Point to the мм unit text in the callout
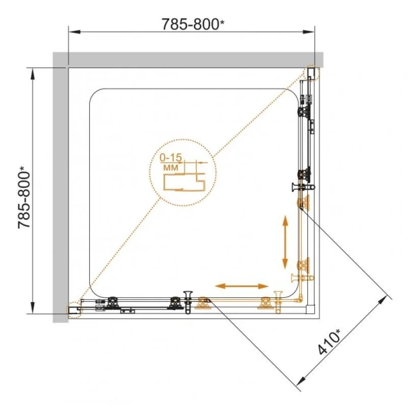(x=171, y=167)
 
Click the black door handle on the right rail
(x=300, y=186)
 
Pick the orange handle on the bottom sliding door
(x=278, y=299)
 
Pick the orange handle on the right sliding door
(x=298, y=277)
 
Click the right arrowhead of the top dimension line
(x=313, y=32)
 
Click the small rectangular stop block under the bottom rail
(x=126, y=313)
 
